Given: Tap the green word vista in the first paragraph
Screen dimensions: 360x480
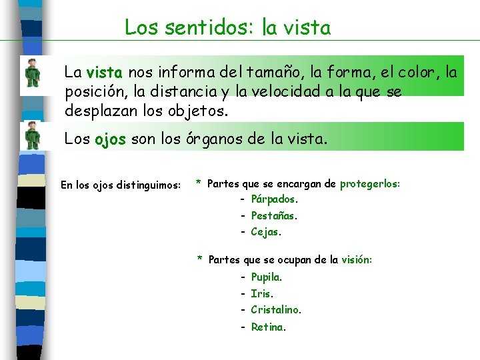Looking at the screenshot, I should [103, 73].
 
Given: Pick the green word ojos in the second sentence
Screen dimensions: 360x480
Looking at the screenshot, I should [110, 140].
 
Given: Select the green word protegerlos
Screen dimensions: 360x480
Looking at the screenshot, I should [369, 183].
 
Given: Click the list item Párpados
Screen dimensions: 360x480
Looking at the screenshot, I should [274, 199].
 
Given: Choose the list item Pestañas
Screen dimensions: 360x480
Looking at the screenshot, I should [274, 216].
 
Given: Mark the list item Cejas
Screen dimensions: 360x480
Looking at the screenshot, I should [266, 232].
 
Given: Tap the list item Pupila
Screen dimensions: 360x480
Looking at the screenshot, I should [266, 277].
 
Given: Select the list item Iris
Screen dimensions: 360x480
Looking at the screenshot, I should [262, 293].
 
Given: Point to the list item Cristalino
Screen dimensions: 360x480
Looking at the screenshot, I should [275, 310].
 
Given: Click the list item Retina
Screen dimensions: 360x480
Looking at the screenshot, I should [268, 327].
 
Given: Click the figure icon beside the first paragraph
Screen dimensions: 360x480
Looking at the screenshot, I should [32, 73].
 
